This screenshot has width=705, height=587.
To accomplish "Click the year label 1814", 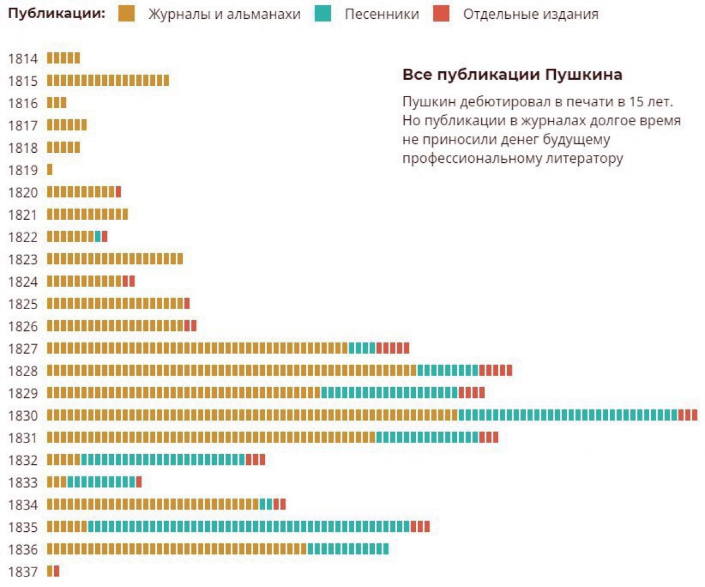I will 23,58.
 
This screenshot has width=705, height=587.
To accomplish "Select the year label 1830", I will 23,415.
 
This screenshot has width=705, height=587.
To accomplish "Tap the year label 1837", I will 23,571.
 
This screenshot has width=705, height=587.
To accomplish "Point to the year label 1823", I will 23,259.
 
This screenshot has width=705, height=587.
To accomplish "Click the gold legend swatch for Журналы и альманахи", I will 126,14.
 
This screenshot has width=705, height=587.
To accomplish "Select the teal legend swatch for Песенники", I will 323,14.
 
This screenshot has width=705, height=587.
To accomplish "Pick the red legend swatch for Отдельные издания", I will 442,14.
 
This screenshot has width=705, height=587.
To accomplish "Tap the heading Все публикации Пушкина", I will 512,75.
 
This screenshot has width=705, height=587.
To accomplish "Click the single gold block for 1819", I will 50,170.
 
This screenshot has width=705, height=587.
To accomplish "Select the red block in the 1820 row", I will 118,192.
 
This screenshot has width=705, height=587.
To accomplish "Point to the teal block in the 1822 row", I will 98,237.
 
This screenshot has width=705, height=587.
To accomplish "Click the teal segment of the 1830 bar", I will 568,415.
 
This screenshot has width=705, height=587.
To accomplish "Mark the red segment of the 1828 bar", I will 495,371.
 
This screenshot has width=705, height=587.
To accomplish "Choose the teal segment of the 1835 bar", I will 249,526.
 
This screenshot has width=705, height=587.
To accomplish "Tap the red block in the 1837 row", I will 56,571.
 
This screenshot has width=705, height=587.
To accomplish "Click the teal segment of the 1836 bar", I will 348,549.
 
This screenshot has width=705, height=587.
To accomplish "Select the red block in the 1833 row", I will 139,482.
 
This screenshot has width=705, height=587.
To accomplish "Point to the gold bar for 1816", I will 56,103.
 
